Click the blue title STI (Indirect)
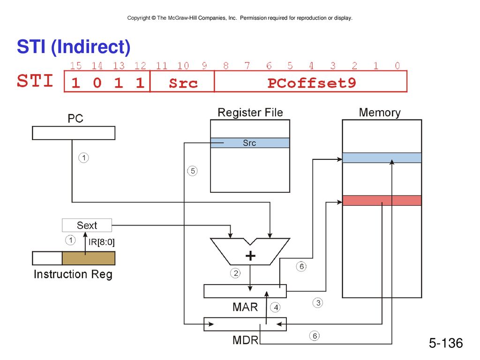tap(74, 47)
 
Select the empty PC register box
tap(74, 133)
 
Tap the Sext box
tap(87, 225)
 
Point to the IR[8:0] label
tap(101, 242)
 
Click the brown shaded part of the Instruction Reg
tap(89, 258)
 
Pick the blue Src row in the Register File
tap(250, 143)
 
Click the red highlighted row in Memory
tap(382, 201)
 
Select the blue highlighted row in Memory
tap(382, 157)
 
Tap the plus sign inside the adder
tap(250, 256)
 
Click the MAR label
tap(245, 307)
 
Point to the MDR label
tap(245, 340)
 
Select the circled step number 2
tap(235, 273)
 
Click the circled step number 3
tap(318, 303)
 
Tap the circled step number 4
tap(276, 307)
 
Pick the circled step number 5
tap(192, 171)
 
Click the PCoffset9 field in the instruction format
tap(312, 83)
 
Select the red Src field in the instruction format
tap(183, 83)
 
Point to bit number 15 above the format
tap(75, 66)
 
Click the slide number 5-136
tap(446, 343)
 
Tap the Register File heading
tap(250, 112)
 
